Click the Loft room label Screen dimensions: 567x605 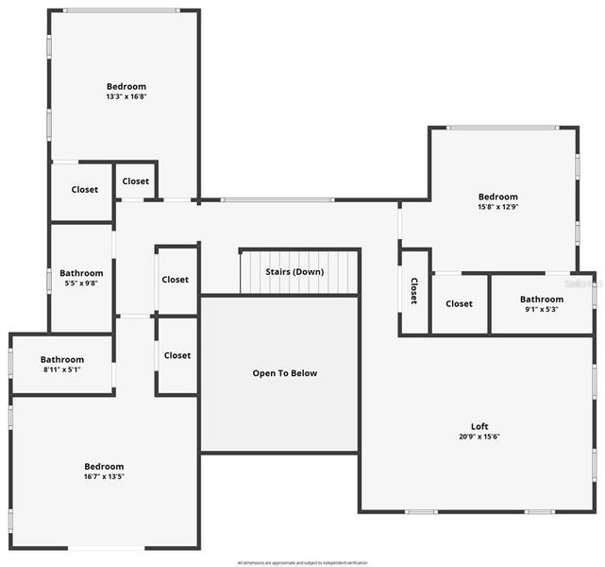click(479, 425)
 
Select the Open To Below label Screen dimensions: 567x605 click(284, 373)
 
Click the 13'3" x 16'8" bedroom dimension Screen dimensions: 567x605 click(126, 96)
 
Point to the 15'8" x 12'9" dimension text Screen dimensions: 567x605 click(497, 207)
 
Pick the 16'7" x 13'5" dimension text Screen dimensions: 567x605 click(104, 477)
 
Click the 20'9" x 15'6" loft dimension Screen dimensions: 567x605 click(479, 437)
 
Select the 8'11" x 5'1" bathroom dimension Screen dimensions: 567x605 click(61, 370)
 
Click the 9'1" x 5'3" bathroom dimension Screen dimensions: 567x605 click(541, 310)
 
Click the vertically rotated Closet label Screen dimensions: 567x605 click(413, 290)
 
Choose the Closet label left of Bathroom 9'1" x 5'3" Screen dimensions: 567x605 click(459, 303)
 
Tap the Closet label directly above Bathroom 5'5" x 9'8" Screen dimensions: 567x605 click(85, 190)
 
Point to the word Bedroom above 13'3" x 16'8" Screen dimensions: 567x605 click(126, 86)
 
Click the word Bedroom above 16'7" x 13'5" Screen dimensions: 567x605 click(104, 467)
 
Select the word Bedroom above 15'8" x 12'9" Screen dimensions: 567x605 click(497, 197)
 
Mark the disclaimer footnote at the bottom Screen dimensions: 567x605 click(302, 562)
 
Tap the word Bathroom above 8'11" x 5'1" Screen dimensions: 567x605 click(61, 360)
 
